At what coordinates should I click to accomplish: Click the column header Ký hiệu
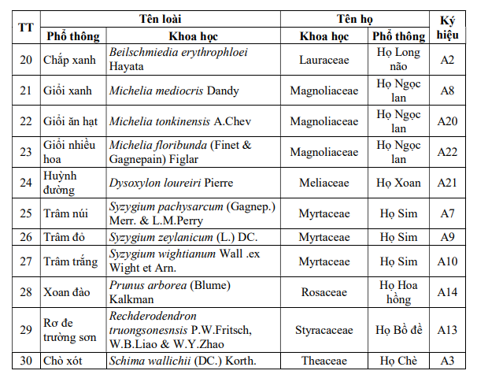[448, 27]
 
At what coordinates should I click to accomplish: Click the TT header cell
[26, 27]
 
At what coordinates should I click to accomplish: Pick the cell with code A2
[448, 59]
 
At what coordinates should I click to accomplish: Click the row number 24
[26, 183]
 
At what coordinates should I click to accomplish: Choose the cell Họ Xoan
[399, 183]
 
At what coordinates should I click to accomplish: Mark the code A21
[448, 183]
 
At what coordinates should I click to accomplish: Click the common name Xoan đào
[66, 291]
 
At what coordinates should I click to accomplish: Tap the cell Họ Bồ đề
[399, 329]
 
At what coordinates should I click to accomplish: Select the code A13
[448, 329]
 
